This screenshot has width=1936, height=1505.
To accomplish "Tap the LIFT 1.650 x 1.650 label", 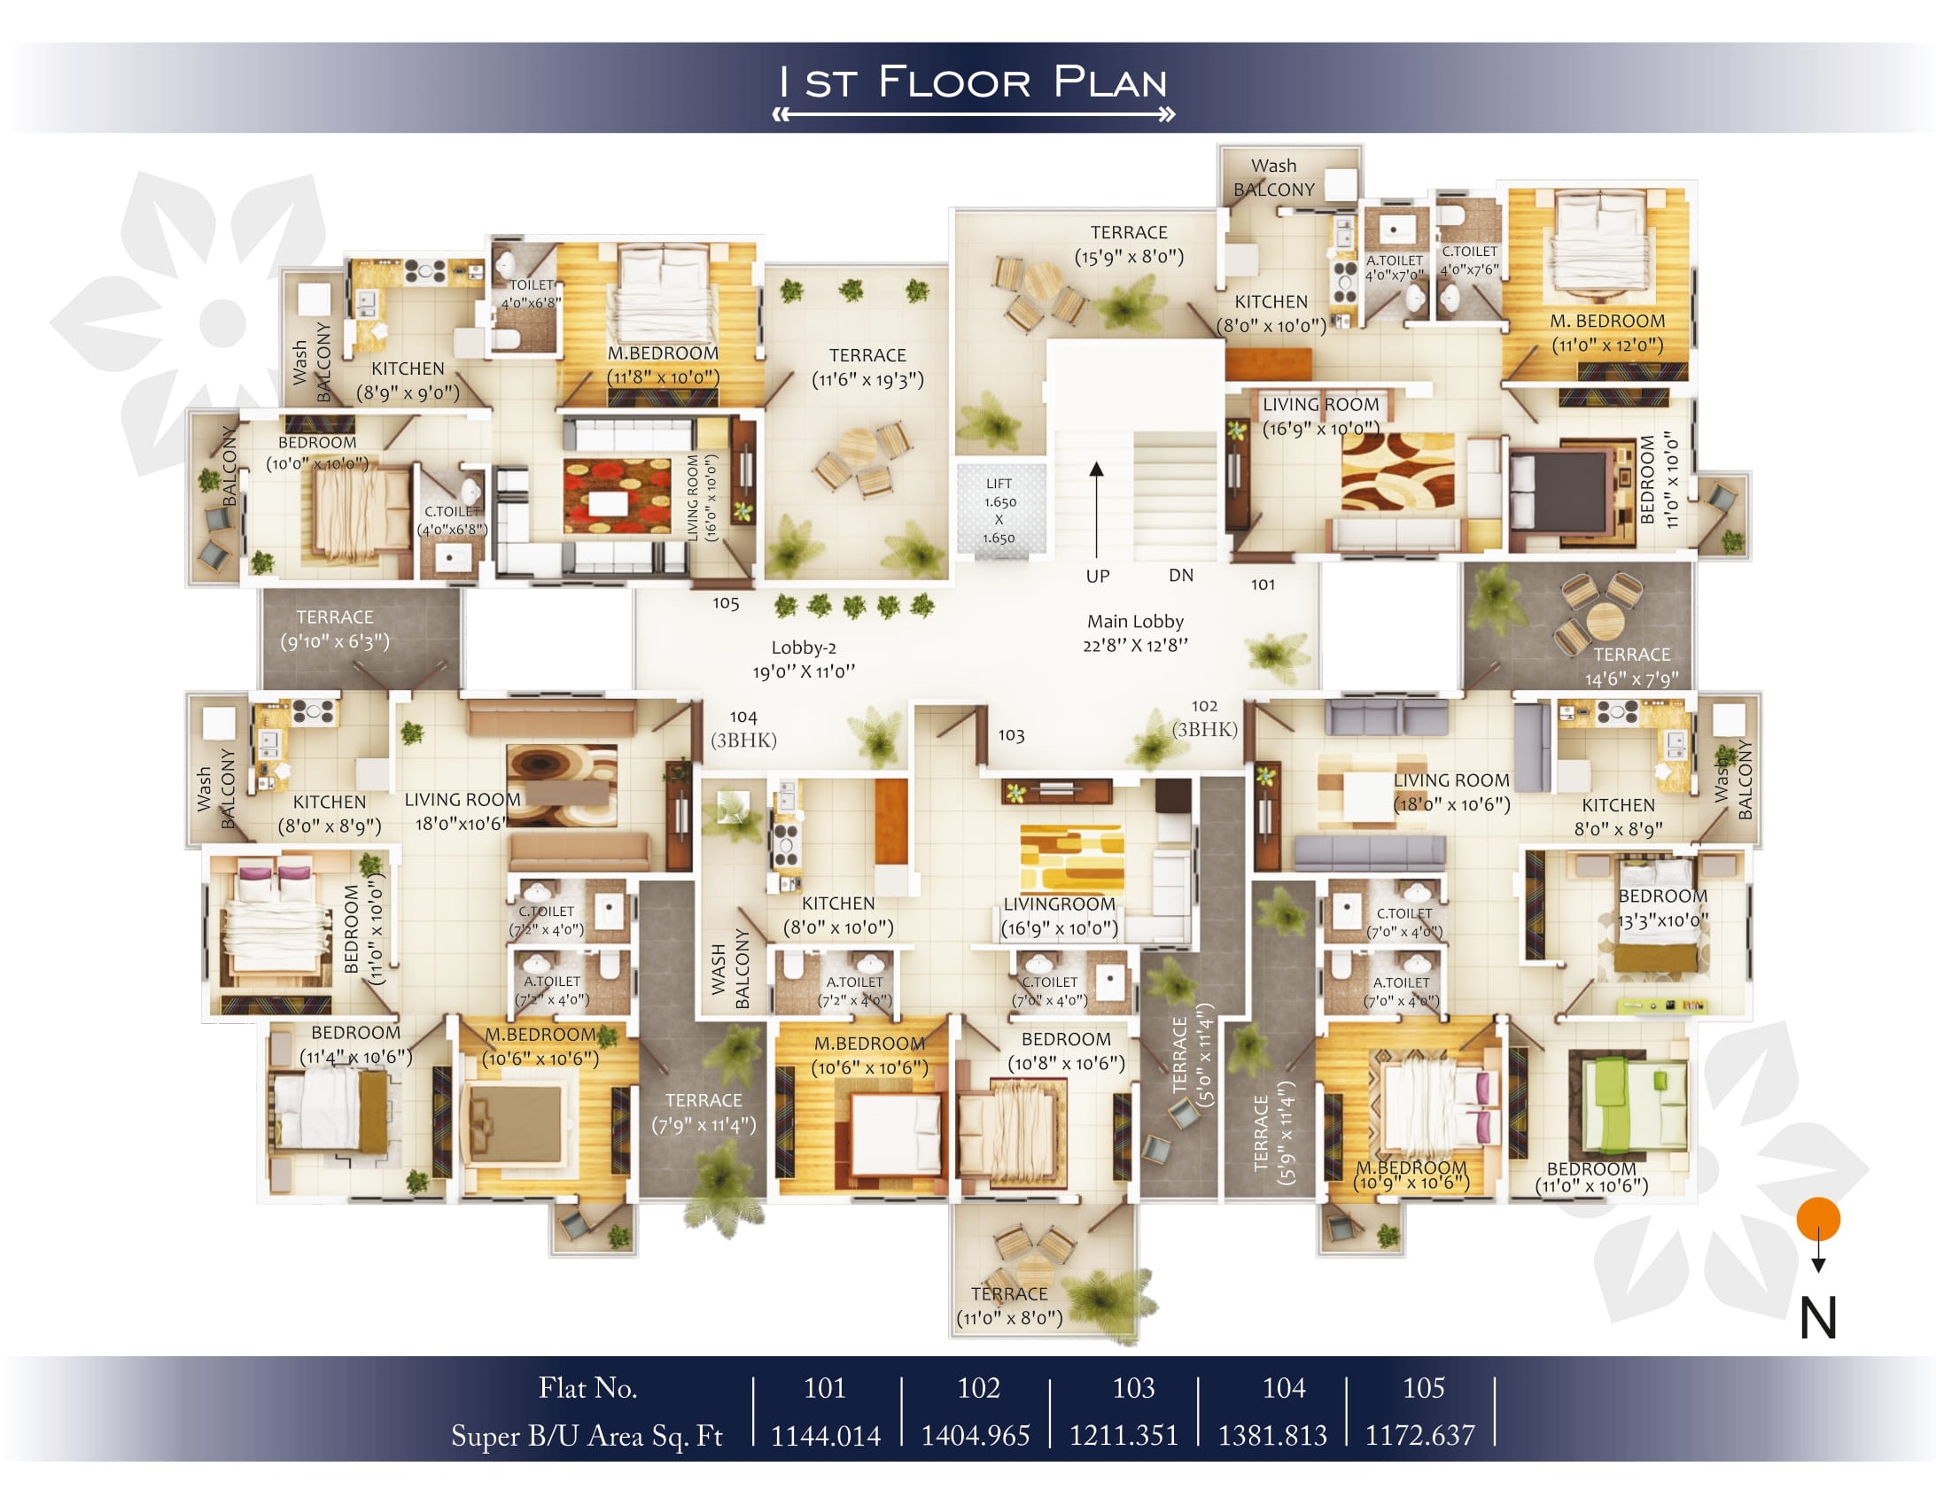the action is click(x=999, y=510).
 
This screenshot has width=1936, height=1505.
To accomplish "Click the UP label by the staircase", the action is click(x=1098, y=576).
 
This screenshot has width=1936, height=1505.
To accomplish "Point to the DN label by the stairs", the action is click(x=1181, y=575).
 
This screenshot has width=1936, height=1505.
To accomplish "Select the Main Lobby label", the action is click(x=1136, y=632).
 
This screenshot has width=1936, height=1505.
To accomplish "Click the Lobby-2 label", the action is click(x=804, y=659).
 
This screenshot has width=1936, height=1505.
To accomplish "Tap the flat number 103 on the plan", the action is click(x=1012, y=734).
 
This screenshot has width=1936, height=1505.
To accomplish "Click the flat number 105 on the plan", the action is click(x=726, y=602).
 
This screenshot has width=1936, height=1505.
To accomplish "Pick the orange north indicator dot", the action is click(x=1818, y=1220).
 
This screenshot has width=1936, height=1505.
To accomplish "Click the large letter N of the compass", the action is click(x=1818, y=1318).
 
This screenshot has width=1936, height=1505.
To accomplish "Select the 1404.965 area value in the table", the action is click(x=976, y=1435).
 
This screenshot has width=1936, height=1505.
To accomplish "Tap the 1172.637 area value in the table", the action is click(x=1420, y=1435).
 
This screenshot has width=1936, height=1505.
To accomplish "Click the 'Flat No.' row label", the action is click(x=587, y=1387).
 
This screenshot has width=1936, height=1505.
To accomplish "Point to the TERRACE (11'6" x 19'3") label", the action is click(x=867, y=368).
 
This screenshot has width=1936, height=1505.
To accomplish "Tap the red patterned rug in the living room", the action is click(x=617, y=496).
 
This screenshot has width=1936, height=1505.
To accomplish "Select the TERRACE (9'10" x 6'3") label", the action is click(x=335, y=628).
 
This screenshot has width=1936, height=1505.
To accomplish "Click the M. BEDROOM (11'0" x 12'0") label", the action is click(x=1607, y=332).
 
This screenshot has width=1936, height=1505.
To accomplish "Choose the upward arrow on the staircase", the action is click(x=1097, y=509).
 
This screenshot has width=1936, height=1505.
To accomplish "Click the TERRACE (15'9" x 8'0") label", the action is click(x=1130, y=244).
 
